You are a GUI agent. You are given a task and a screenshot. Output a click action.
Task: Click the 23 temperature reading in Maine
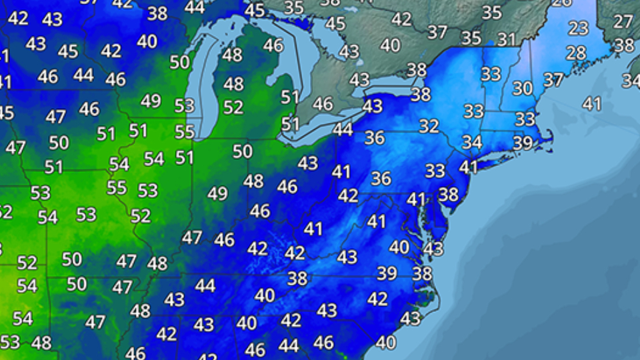pos(579,29)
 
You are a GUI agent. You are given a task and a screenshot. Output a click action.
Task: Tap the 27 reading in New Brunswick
pos(623,21)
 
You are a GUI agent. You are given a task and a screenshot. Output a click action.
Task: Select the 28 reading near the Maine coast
pos(575,53)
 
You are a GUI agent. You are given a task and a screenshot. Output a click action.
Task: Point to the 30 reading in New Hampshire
pos(523,88)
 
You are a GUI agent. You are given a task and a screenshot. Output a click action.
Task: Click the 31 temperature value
pos(507,39)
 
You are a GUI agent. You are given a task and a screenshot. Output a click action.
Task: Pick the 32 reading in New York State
pos(429,125)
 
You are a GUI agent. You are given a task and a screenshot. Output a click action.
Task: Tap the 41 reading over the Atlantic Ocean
pos(592,103)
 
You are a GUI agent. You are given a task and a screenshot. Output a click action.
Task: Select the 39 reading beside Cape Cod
pos(523,143)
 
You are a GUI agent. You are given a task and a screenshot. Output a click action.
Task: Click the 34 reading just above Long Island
pos(472,143)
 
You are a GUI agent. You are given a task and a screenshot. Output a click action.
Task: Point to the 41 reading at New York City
pos(469,167)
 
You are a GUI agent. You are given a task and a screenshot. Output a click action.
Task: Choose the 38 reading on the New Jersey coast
pos(449,195)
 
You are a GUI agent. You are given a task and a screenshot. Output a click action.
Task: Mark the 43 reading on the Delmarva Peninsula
pos(433,249)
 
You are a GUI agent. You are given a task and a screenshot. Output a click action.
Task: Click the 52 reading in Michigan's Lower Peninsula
pos(233,107)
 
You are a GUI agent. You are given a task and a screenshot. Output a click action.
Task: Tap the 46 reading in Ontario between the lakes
pos(323,104)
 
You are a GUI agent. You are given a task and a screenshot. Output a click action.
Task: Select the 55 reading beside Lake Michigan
pos(185,131)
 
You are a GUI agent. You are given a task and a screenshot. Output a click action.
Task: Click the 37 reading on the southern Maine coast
pos(553,80)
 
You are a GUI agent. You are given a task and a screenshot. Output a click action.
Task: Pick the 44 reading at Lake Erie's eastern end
pos(343,129)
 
